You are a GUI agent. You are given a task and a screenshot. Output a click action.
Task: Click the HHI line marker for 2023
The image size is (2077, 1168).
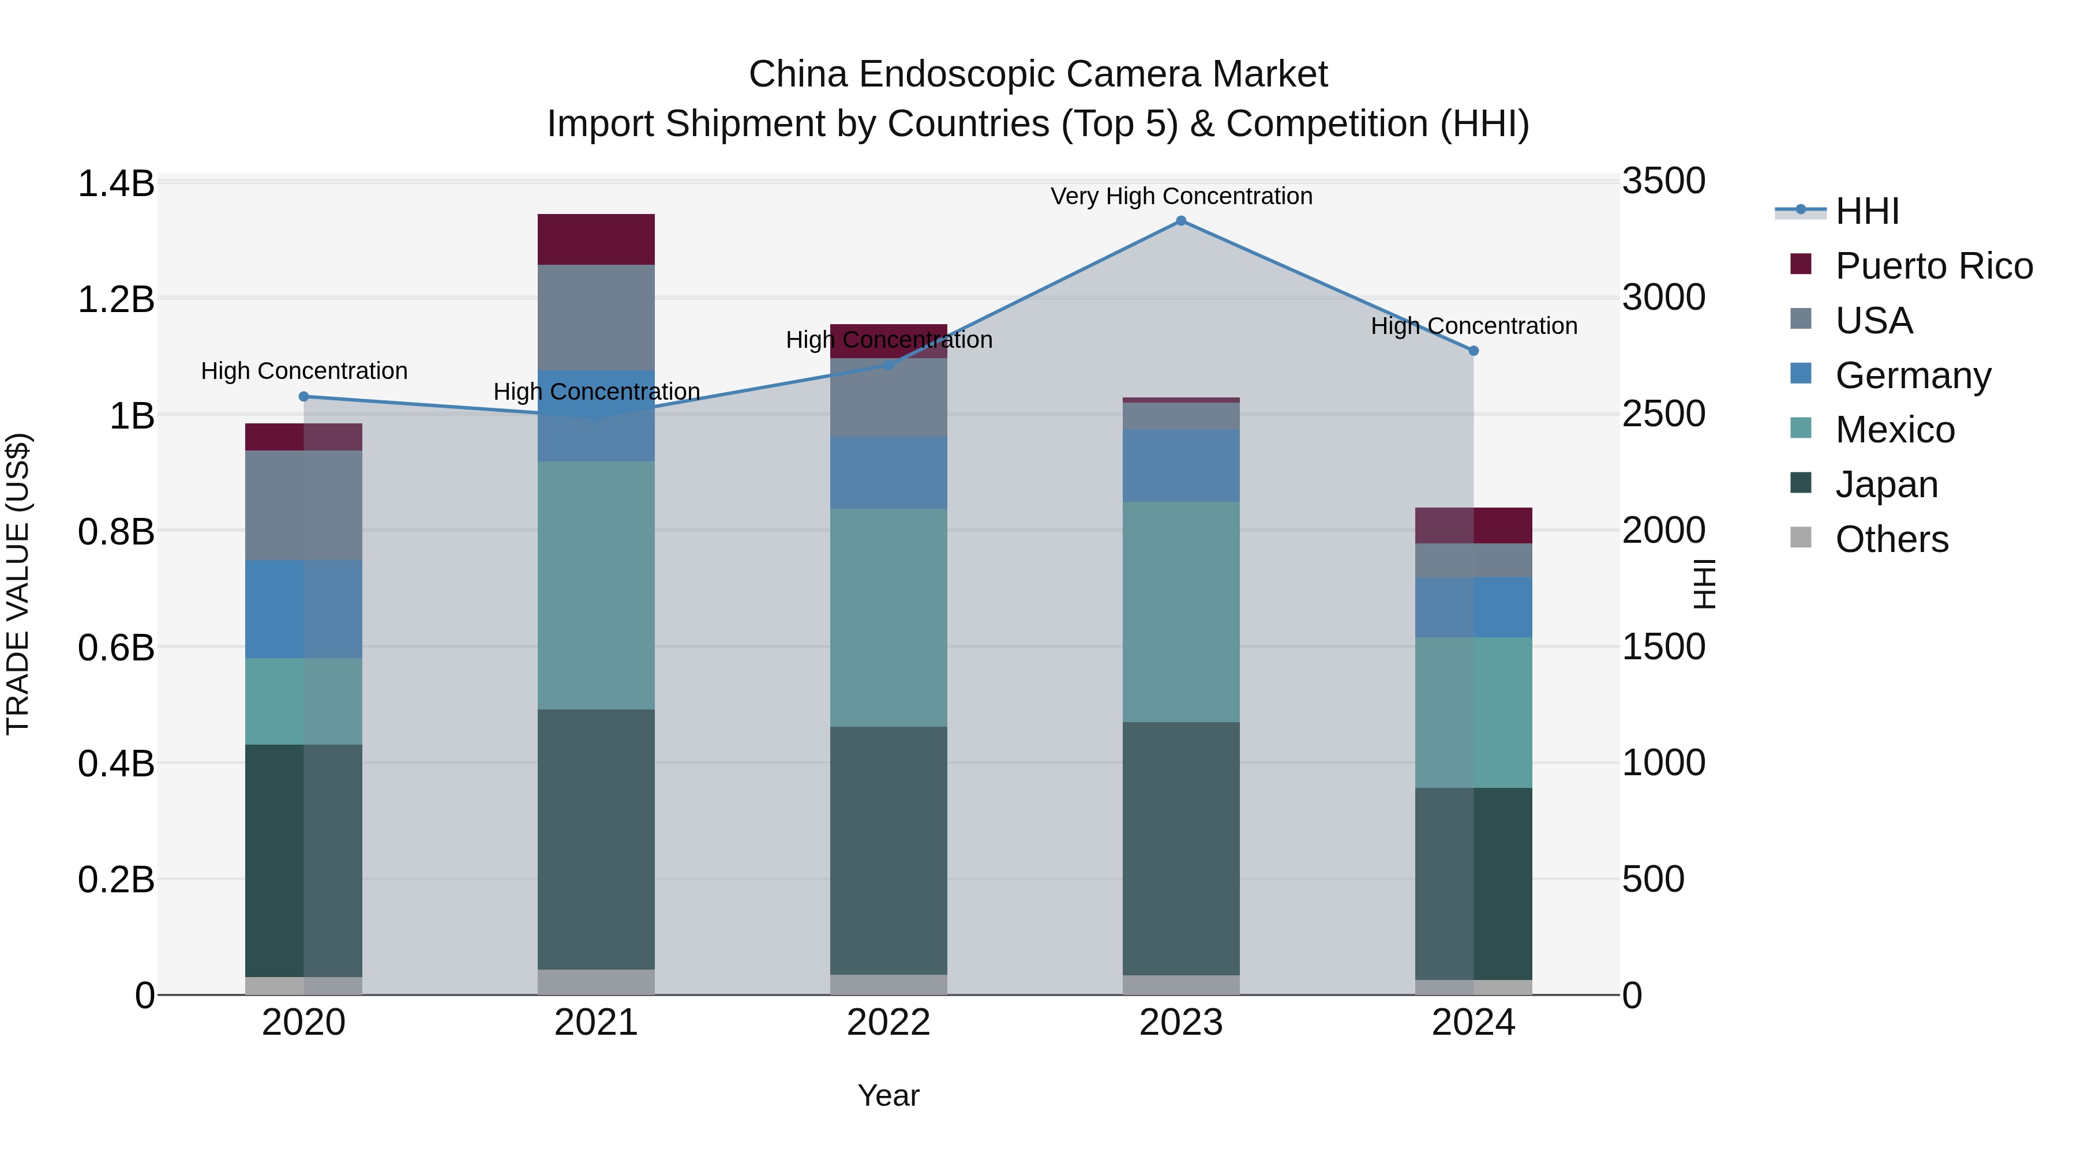pos(1180,221)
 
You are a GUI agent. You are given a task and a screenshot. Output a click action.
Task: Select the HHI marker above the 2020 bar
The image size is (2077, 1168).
pos(304,397)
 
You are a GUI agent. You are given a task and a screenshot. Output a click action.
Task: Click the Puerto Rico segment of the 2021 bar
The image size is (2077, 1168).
pos(596,239)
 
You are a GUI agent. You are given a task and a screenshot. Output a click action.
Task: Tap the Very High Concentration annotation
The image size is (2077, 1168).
pos(1180,196)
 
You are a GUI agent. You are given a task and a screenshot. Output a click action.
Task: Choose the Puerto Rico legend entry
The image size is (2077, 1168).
pos(1933,266)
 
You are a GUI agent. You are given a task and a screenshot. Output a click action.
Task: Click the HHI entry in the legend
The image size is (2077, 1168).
pos(1866,211)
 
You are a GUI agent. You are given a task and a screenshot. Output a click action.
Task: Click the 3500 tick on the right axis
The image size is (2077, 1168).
pos(1663,181)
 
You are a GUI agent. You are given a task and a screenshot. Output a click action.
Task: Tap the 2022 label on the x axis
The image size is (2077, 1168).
pos(888,1023)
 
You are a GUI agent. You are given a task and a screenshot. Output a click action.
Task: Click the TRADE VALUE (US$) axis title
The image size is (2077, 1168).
pos(18,584)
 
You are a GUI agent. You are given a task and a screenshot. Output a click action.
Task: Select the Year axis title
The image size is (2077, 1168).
pos(888,1095)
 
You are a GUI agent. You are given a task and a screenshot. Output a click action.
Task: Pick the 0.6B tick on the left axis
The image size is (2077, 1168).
pos(115,647)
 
